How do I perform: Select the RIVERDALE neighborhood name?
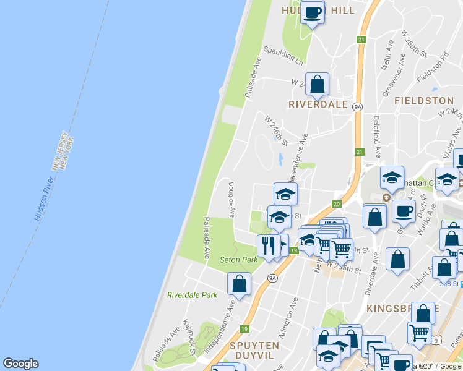click(x=318, y=104)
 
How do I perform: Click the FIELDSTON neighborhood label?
click(x=424, y=100)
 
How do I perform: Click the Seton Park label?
click(x=238, y=260)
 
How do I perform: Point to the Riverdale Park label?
click(x=192, y=295)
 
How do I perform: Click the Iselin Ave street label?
click(x=387, y=55)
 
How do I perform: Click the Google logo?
click(x=20, y=364)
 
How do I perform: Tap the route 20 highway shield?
click(x=337, y=203)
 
